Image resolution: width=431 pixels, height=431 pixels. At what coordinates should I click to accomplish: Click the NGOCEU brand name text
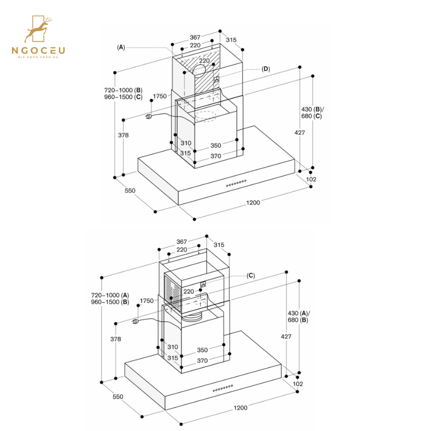click(38, 50)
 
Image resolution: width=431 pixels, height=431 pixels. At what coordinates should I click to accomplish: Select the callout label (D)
click(266, 69)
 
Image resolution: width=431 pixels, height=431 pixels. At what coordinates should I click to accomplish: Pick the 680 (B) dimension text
click(298, 320)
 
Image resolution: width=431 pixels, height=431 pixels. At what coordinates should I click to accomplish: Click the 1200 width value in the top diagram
click(253, 203)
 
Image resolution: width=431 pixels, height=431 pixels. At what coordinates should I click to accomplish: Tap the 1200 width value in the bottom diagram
click(240, 408)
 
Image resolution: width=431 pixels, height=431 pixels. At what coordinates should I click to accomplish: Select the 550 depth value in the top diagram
click(130, 191)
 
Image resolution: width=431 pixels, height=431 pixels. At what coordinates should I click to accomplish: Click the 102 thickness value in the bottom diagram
click(298, 384)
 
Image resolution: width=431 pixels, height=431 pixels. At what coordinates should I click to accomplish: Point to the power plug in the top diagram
click(149, 116)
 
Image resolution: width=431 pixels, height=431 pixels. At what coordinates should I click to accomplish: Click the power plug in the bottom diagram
click(136, 321)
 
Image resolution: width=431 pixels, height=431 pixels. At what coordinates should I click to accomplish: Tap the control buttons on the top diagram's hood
click(236, 183)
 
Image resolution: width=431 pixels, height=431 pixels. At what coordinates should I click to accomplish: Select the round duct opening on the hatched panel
click(200, 70)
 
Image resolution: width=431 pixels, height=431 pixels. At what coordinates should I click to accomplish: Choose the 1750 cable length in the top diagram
click(160, 96)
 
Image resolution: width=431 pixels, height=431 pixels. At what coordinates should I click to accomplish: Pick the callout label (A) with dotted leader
click(121, 47)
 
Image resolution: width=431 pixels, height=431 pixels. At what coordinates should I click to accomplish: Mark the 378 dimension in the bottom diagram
click(115, 339)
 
